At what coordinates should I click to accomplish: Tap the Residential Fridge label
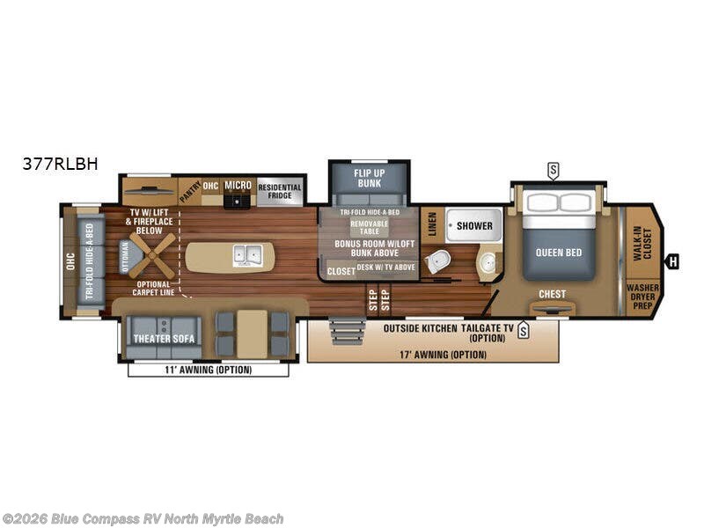pos(280,191)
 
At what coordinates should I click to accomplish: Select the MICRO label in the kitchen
pos(238,186)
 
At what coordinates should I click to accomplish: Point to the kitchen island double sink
pos(246,255)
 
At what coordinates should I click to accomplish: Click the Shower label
pos(474,226)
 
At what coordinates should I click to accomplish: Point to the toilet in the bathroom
pos(436,260)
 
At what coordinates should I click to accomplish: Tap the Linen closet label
pos(432,224)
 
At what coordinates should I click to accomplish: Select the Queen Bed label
pos(559,253)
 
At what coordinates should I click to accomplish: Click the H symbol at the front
pos(673,260)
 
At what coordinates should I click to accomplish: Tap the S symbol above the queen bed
pos(553,169)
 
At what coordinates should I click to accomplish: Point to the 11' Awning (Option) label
pos(209,370)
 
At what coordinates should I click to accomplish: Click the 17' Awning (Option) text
pos(432,355)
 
